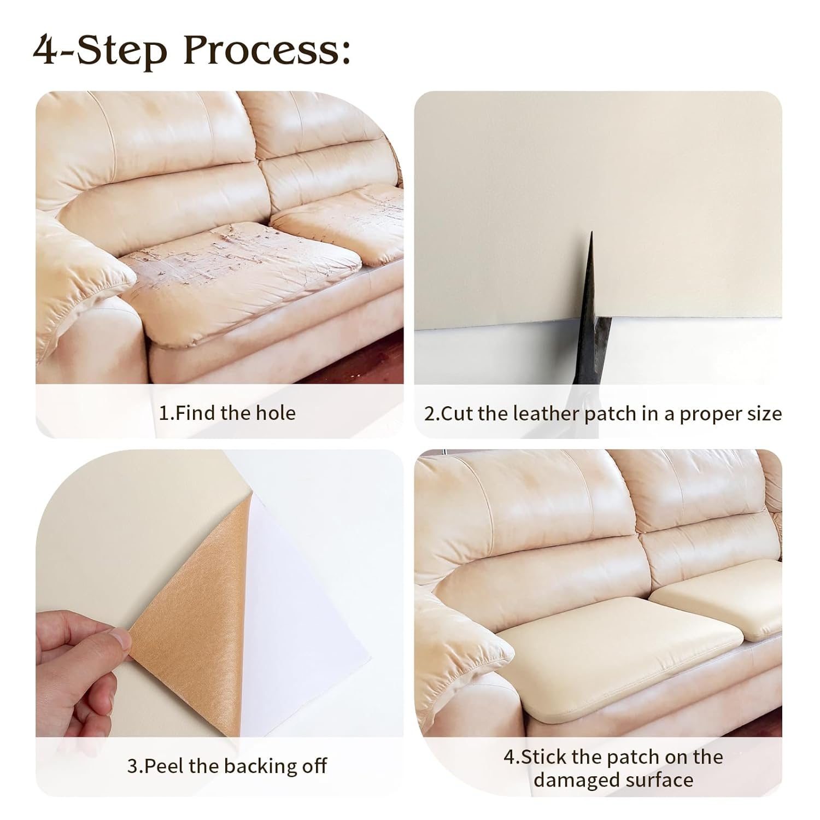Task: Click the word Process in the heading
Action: [268, 51]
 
